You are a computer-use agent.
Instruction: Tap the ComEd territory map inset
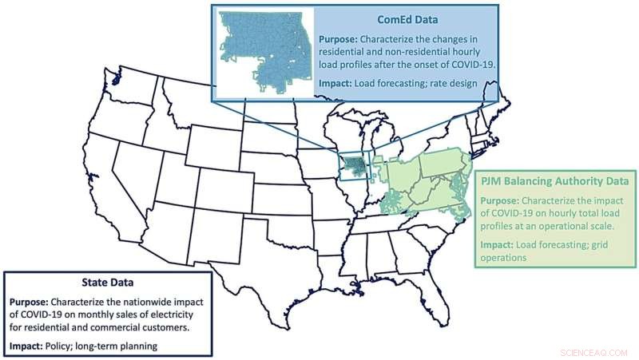coord(265,52)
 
